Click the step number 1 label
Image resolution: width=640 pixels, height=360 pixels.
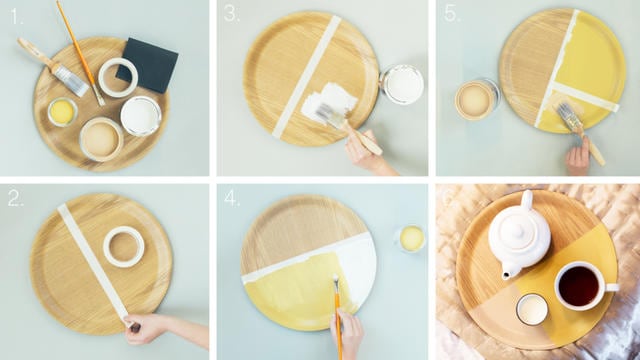(13, 15)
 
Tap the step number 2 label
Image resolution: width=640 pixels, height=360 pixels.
(15, 198)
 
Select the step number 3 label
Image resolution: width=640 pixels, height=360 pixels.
(232, 15)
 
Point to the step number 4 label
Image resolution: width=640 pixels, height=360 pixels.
(232, 198)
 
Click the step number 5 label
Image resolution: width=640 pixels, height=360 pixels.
(449, 15)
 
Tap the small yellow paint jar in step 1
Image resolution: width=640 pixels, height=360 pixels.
(62, 111)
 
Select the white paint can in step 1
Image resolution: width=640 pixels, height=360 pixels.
(141, 115)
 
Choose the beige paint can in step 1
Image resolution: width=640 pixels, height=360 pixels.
(101, 137)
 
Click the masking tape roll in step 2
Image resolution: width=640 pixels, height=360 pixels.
(124, 245)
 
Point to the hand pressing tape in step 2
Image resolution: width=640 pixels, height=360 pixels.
(150, 329)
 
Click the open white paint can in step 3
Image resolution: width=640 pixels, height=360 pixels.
(402, 84)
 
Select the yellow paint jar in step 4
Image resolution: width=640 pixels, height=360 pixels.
(410, 238)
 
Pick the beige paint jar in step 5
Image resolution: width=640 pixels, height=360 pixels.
(474, 99)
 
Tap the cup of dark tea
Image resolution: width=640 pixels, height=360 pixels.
(578, 285)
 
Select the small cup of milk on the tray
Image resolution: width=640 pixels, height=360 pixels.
(531, 309)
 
